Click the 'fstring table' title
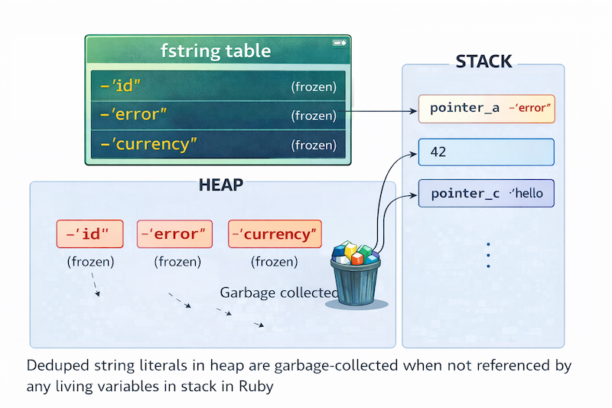[x=216, y=51]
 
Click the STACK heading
[x=483, y=62]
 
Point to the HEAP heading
[x=221, y=184]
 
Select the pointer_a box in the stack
[x=487, y=108]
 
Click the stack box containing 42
[x=487, y=152]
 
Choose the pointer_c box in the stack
[x=487, y=194]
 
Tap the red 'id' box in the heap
[x=90, y=234]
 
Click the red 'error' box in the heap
[x=174, y=234]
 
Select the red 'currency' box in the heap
[x=275, y=234]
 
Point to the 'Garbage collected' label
[x=278, y=292]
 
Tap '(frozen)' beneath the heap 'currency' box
[x=275, y=262]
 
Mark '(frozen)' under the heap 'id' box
[x=90, y=262]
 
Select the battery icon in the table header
[x=337, y=43]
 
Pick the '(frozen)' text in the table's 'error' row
[x=314, y=116]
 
